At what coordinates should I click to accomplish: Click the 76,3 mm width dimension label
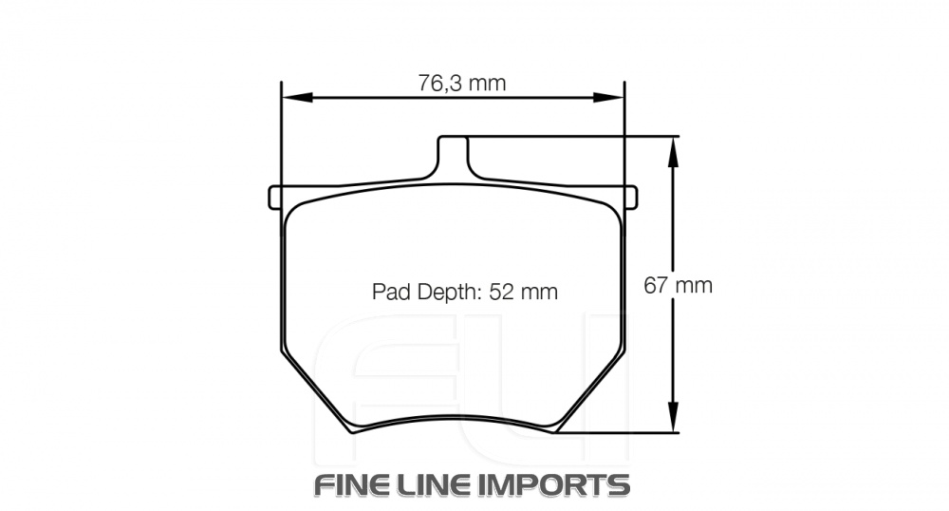click(x=462, y=83)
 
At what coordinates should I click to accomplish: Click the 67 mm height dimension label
click(x=678, y=285)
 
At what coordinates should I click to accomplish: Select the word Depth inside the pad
click(x=445, y=292)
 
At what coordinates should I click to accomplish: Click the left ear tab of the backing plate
click(x=277, y=197)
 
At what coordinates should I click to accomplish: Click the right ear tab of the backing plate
click(x=630, y=196)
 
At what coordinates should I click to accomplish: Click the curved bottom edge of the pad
click(x=453, y=418)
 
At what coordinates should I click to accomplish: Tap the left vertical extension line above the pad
click(x=282, y=133)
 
